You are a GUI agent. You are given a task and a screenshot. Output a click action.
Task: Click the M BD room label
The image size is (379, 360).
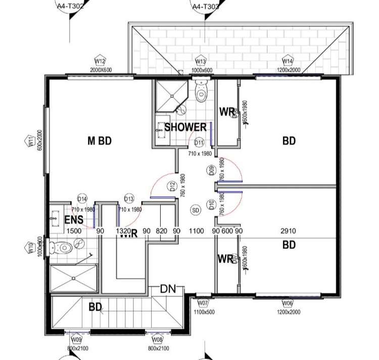point(99,141)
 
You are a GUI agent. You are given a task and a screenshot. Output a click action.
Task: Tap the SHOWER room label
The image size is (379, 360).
point(185,127)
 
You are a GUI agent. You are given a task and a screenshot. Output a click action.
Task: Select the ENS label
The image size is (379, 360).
point(74,220)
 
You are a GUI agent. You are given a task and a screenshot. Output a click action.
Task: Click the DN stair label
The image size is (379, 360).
point(167,289)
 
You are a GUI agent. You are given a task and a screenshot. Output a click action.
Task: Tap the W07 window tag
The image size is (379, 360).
point(203,302)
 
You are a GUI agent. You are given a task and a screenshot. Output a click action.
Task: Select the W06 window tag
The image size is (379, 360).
point(288,303)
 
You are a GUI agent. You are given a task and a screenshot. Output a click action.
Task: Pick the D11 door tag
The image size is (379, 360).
point(199,142)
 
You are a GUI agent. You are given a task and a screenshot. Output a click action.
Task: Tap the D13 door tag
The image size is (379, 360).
point(129,198)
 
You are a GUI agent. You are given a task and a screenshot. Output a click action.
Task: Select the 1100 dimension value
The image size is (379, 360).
point(196,231)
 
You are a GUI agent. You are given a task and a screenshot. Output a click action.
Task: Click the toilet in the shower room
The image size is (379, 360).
point(201,92)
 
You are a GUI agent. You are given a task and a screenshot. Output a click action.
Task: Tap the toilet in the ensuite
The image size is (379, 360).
point(62,247)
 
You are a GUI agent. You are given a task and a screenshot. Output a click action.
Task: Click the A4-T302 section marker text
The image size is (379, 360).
point(70,6)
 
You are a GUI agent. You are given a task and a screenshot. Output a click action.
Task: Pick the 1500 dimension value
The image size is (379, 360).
point(74,231)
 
